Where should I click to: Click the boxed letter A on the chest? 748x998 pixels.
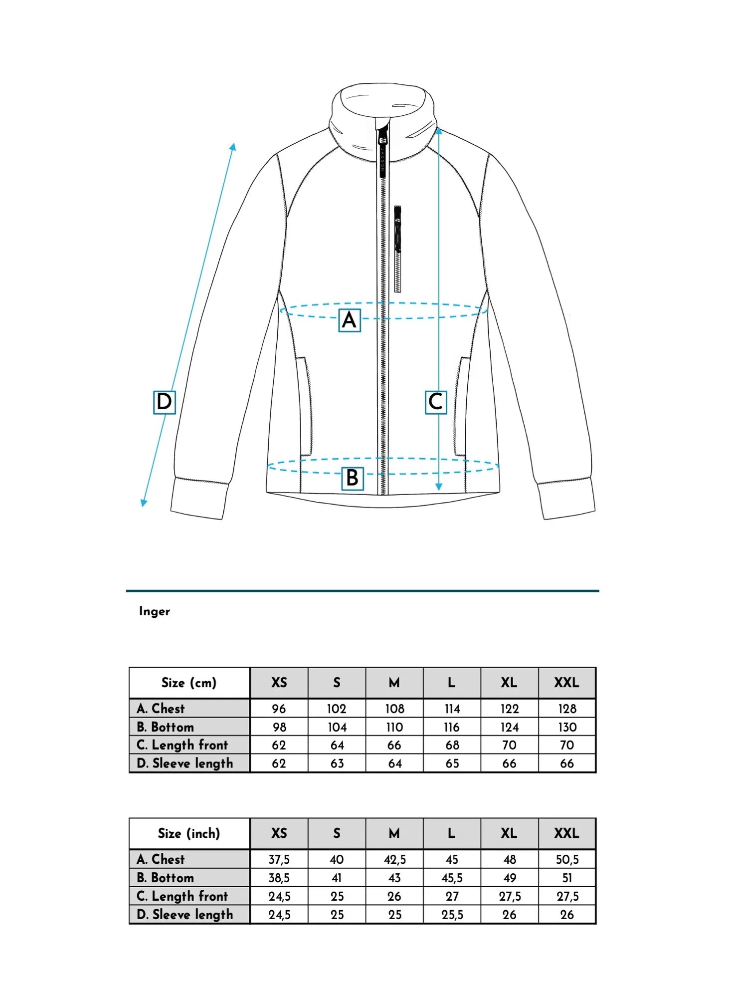tap(350, 320)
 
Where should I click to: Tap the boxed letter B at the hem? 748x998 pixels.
tap(353, 478)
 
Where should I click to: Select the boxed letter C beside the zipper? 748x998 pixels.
tap(435, 402)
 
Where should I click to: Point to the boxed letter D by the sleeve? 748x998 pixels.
tap(164, 402)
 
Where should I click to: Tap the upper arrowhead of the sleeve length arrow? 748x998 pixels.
tap(233, 146)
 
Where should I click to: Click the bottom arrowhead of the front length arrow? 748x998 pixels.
tap(439, 487)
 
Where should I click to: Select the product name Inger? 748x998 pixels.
tap(155, 611)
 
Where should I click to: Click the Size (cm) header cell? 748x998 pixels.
tap(189, 683)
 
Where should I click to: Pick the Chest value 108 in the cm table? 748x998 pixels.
tap(394, 709)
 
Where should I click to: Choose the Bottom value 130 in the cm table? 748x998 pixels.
tap(567, 727)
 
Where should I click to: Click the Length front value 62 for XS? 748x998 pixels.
tap(279, 745)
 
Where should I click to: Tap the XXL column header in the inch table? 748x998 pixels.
tap(567, 833)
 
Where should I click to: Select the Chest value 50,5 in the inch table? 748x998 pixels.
tap(567, 859)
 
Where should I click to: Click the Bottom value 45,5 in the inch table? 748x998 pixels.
tap(452, 878)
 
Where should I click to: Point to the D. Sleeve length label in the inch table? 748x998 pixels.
tap(185, 914)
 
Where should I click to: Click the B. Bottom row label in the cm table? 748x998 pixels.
tap(166, 727)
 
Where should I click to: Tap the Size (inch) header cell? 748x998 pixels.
tap(189, 833)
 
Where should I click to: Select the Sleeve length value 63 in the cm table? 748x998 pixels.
tap(337, 763)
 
